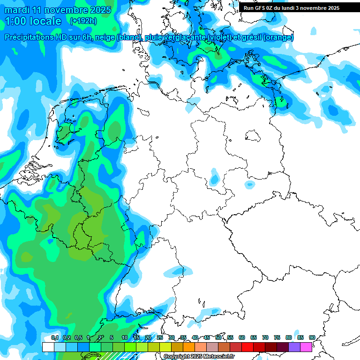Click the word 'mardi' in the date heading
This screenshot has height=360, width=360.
click(17, 10)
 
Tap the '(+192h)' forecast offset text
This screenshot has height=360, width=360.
click(83, 21)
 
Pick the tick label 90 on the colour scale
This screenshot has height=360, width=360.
click(312, 338)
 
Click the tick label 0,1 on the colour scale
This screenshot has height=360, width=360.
click(54, 338)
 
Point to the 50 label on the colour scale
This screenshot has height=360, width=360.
click(218, 338)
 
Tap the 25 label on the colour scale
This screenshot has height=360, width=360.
click(160, 338)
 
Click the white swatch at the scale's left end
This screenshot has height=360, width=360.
click(48, 347)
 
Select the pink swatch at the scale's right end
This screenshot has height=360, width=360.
click(306, 347)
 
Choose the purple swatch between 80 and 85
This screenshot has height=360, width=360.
click(294, 347)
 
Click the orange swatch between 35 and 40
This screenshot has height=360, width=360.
click(189, 347)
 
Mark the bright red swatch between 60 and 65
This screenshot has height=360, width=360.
click(247, 347)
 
